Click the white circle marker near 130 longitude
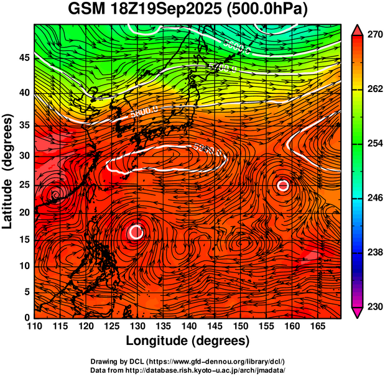coord(137,232)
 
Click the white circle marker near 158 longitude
coord(283,185)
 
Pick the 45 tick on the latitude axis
coord(23,58)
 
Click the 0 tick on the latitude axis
coord(26,318)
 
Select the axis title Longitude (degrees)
coord(188,341)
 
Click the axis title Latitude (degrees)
coord(9,171)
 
